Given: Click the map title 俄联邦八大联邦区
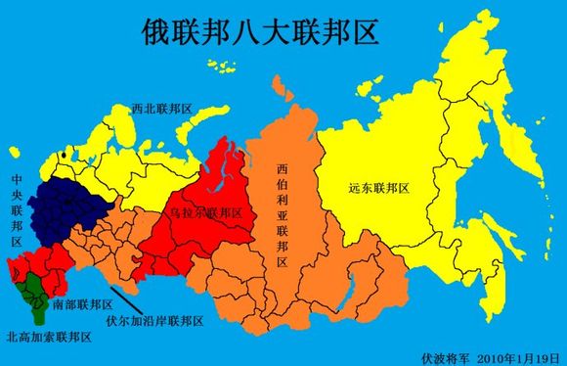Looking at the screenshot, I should click(247, 29).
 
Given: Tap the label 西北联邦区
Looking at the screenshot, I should click(162, 109).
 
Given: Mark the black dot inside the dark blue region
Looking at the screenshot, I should click(65, 203).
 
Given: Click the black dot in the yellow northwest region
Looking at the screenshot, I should click(64, 155).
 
